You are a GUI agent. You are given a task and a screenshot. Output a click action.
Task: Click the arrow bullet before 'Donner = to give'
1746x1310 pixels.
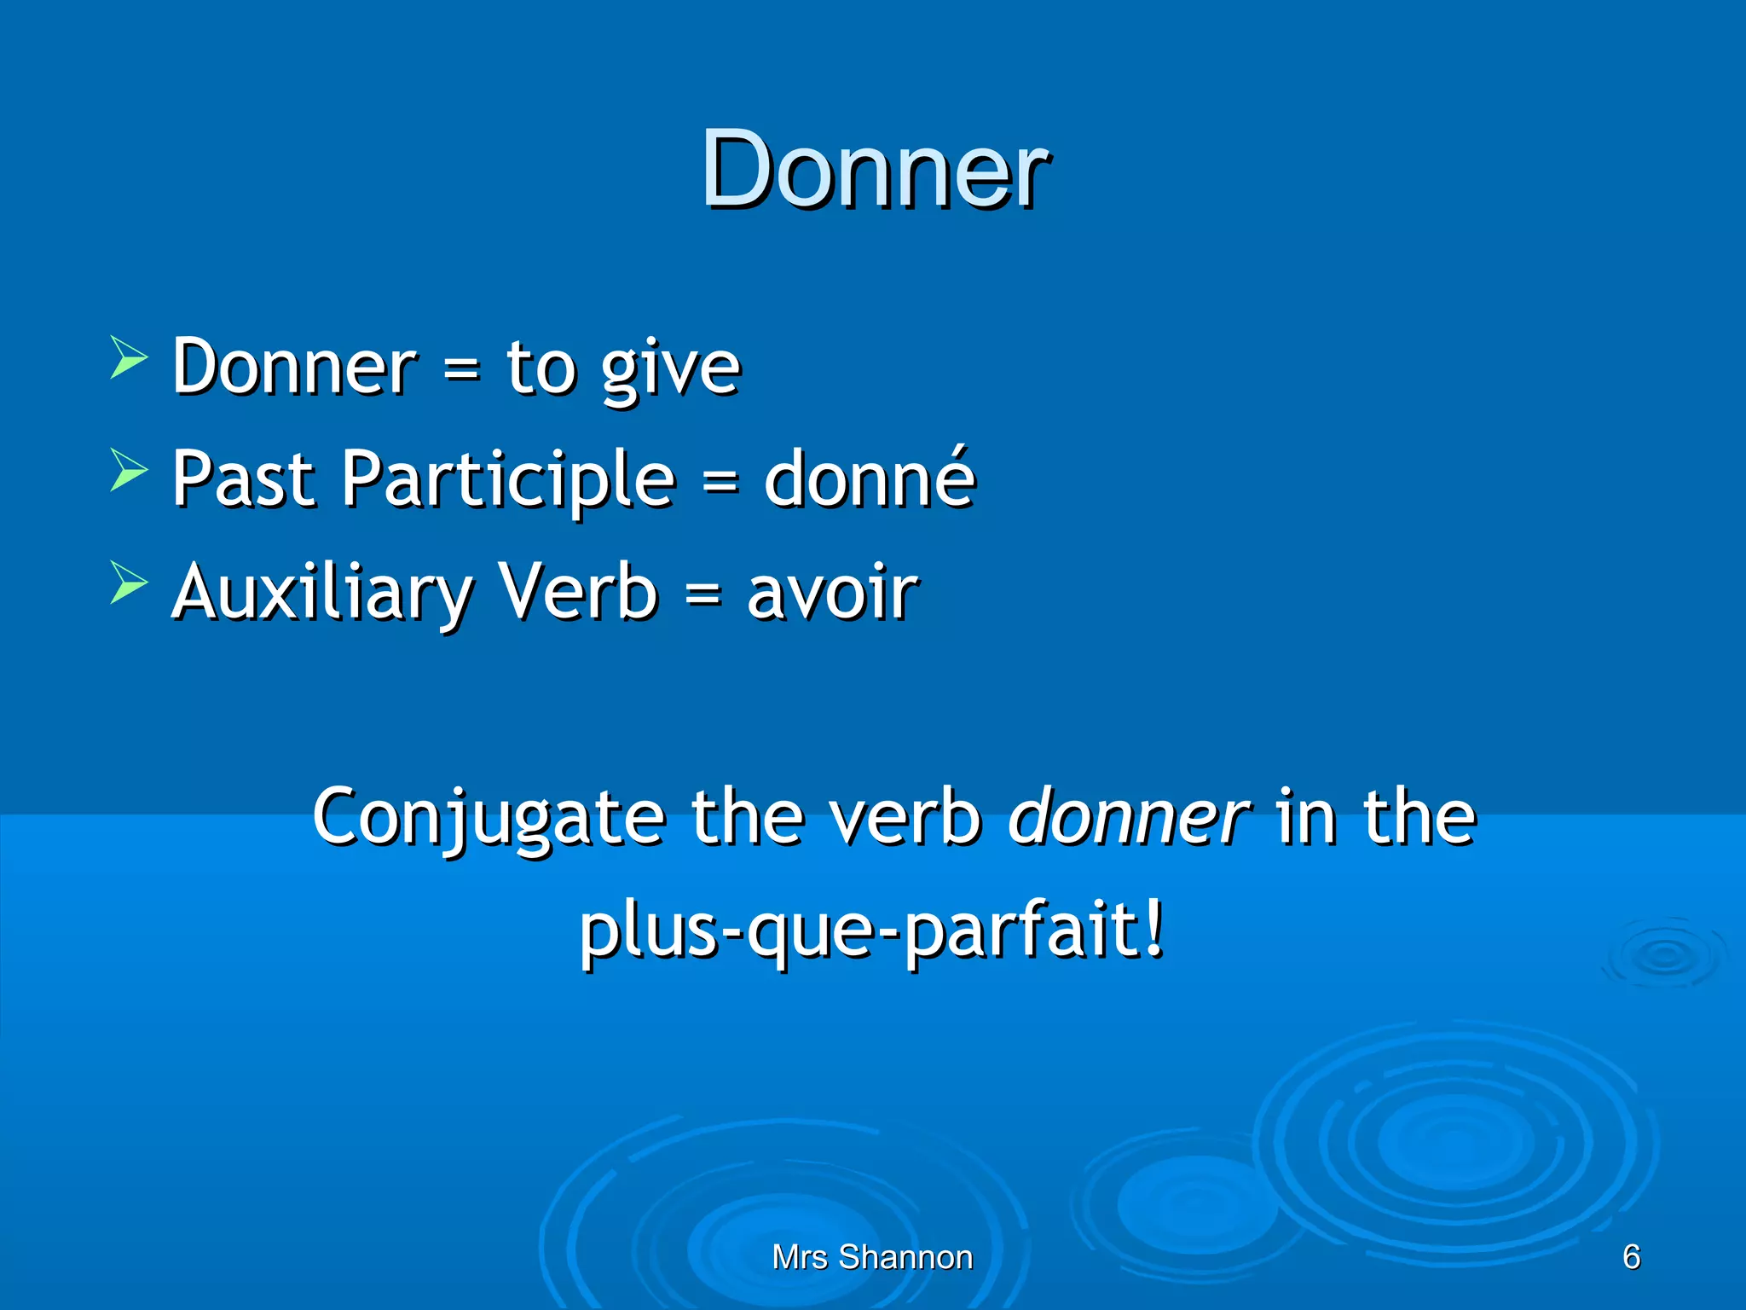click(129, 356)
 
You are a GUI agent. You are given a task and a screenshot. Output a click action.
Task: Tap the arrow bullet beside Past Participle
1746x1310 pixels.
click(129, 470)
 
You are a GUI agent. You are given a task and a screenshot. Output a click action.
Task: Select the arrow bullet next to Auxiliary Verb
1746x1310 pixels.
click(129, 583)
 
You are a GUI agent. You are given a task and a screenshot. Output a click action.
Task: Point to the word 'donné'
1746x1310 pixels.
click(869, 479)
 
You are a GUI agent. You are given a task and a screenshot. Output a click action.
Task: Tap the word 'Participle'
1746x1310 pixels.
click(509, 479)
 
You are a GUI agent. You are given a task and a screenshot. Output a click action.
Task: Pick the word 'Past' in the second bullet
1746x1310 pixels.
click(243, 479)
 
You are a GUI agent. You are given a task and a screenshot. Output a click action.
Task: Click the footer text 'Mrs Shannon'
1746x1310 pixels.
click(872, 1257)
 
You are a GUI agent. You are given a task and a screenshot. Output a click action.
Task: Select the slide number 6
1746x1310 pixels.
click(1632, 1257)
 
